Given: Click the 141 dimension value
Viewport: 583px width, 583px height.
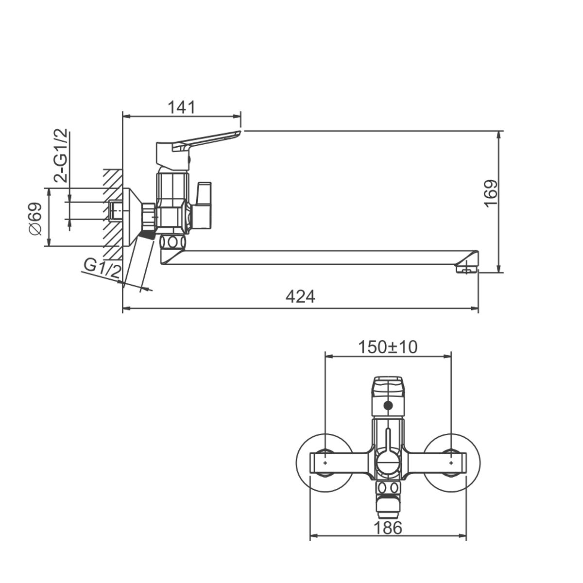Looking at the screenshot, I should [x=181, y=107].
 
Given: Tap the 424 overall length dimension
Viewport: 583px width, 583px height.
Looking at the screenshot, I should [x=301, y=296].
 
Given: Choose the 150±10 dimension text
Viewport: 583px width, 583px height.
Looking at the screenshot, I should [x=388, y=347].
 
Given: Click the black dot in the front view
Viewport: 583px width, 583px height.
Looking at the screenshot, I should [x=388, y=405].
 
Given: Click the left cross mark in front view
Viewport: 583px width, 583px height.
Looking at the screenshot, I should [x=325, y=463].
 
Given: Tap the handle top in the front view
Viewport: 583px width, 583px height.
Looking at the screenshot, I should [x=388, y=386].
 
